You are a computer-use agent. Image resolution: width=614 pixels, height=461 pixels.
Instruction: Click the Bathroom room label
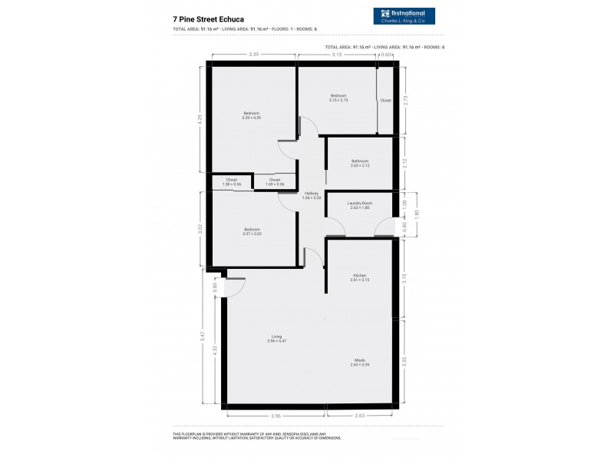(360, 162)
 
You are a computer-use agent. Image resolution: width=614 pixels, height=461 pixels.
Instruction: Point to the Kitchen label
(360, 277)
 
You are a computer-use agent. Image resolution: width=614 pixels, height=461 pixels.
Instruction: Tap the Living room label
(276, 337)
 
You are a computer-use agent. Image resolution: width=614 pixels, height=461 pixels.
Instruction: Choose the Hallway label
(312, 195)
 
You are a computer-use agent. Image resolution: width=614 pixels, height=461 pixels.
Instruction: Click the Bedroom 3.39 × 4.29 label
(252, 115)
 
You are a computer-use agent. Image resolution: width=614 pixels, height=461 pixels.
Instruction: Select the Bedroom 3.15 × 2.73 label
(338, 98)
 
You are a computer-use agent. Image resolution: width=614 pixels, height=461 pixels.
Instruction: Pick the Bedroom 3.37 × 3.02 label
(252, 230)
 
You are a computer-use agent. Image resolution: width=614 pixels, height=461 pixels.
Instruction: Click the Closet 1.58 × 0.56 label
(231, 182)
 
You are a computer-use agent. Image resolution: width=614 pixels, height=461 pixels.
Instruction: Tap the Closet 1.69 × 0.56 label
(275, 182)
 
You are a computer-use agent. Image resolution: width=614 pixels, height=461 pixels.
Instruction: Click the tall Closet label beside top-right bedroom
(385, 101)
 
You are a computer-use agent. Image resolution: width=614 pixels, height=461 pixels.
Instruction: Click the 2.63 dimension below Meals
(359, 416)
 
